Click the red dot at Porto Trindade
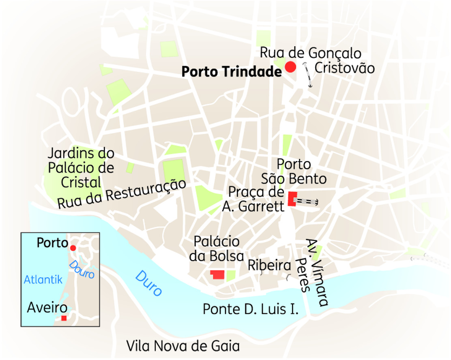pos(290,67)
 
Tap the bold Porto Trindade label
pos(231,72)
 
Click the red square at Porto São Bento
pos(292,199)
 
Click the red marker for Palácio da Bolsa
pos(218,274)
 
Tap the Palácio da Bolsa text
pos(219,249)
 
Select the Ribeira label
pos(269,266)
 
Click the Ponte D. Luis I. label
pos(251,309)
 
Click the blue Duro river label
pos(148,283)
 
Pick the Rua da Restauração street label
pos(122,194)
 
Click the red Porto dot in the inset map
pos(73,248)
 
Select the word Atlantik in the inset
pos(43,279)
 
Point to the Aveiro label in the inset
pos(47,308)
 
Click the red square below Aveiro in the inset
pos(64,318)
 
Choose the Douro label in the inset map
pos(82,269)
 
